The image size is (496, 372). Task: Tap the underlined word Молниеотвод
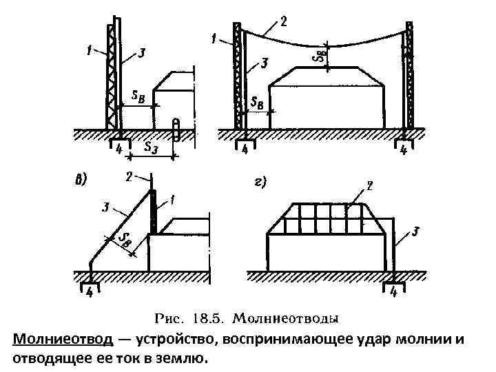62,339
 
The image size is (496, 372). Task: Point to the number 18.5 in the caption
206,318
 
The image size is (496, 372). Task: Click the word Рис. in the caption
169,318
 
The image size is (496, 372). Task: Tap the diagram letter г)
260,182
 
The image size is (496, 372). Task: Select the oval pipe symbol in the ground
176,130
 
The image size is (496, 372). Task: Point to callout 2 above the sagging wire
283,21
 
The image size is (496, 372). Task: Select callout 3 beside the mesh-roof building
415,233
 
